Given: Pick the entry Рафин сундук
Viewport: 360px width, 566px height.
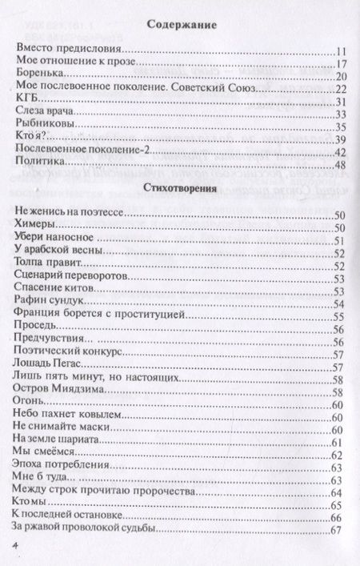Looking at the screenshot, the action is click(47, 302).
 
